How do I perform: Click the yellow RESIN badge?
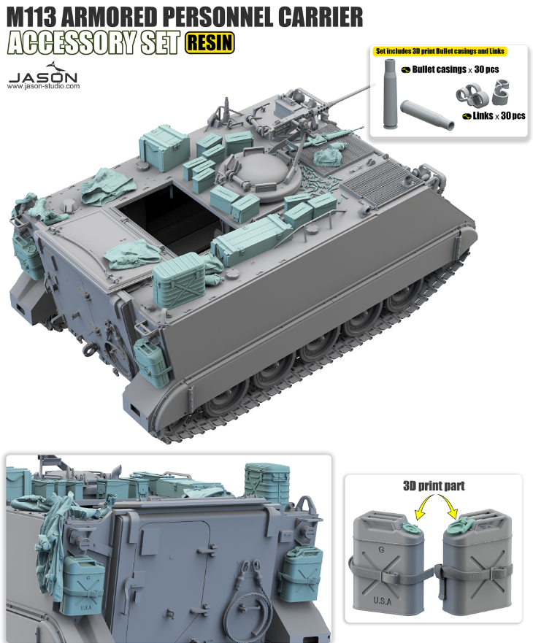[210, 43]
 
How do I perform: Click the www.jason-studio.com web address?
[43, 86]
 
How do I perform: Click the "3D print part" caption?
[433, 486]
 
